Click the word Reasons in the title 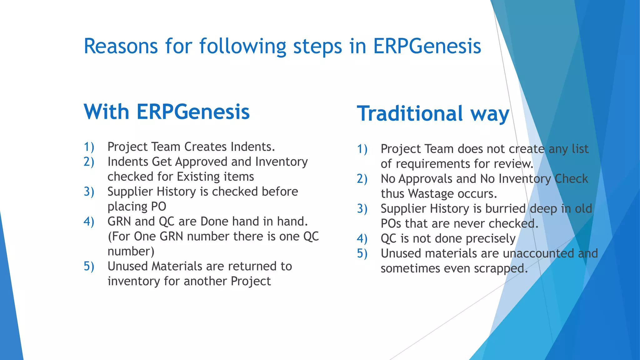pos(121,46)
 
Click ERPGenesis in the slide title pos(427,46)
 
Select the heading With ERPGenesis pos(167,112)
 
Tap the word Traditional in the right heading pos(410,113)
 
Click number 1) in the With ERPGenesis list pos(89,147)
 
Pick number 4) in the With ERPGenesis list pos(89,222)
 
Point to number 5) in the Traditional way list pos(362,253)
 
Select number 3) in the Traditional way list pos(362,209)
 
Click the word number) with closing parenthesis pos(131,252)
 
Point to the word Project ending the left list pos(251,281)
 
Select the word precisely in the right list pos(490,239)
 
